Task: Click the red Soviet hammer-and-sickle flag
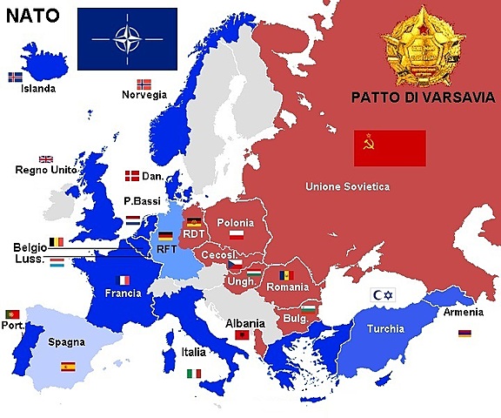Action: coord(389,147)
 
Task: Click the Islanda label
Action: coord(39,88)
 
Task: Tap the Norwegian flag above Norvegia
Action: coord(144,84)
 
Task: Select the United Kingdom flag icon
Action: coord(45,159)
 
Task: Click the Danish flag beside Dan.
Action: coord(133,176)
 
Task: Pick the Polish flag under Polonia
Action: coord(236,234)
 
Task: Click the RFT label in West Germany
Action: coord(167,248)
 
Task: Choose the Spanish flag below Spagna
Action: coord(68,367)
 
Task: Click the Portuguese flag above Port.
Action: coord(12,313)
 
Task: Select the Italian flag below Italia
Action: coord(194,374)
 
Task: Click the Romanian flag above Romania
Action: coord(286,275)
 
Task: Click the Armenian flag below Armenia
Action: coord(464,334)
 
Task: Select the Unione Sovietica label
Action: coord(347,186)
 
